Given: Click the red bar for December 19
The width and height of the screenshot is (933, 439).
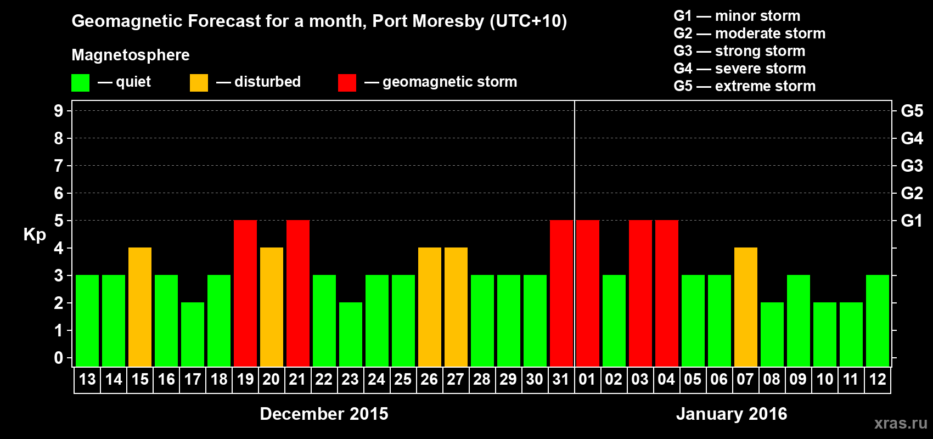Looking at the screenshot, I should tap(245, 293).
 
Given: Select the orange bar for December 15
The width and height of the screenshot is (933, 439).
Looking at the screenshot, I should tap(140, 307).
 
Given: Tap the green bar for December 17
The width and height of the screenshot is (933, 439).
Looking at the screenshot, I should tap(193, 334).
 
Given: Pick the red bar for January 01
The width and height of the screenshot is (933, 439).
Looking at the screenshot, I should tap(588, 293).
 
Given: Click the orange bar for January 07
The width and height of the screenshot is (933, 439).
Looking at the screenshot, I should tap(746, 307).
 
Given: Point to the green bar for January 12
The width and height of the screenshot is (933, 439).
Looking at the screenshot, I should tap(878, 320).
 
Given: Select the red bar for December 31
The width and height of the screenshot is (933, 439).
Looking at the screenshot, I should tap(561, 293).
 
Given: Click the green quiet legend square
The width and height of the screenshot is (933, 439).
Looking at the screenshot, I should tap(81, 83).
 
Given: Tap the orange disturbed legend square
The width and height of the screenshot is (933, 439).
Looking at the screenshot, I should tap(199, 83).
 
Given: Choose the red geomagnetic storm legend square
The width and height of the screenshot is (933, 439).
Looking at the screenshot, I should tap(347, 83).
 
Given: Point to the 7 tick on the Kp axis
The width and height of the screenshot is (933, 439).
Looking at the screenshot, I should tap(59, 166).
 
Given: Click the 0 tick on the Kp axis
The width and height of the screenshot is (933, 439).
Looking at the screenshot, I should tap(59, 358).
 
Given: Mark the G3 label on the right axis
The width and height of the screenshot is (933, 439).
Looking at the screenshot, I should tap(912, 166).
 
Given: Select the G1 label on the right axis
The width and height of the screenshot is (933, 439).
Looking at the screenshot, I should tap(912, 221).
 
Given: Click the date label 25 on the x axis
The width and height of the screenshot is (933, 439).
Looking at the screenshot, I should tap(403, 380).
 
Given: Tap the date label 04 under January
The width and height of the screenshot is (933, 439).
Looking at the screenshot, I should tap(666, 380).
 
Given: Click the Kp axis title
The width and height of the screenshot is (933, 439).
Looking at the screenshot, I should tap(35, 235).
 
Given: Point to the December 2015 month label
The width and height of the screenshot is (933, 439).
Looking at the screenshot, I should tap(324, 414).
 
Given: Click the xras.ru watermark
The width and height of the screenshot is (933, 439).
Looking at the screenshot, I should tap(901, 423).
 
